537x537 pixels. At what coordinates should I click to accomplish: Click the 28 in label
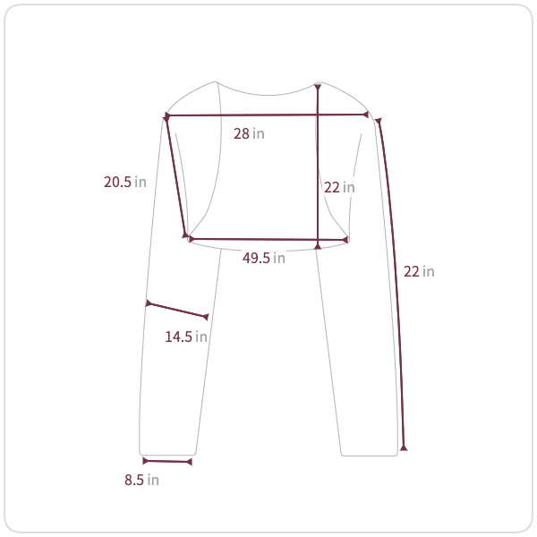pyautogui.click(x=249, y=133)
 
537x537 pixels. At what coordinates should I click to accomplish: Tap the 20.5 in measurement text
pyautogui.click(x=125, y=182)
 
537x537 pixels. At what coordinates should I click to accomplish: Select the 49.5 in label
pyautogui.click(x=264, y=258)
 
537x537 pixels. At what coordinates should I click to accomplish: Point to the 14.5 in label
pyautogui.click(x=186, y=337)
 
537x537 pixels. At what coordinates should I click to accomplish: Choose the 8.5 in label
pyautogui.click(x=141, y=480)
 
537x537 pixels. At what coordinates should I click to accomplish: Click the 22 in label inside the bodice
pyautogui.click(x=339, y=187)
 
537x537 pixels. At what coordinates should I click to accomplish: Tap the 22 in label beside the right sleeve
pyautogui.click(x=419, y=271)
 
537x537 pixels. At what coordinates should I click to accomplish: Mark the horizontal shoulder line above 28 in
pyautogui.click(x=267, y=115)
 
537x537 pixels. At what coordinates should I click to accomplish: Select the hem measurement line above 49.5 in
pyautogui.click(x=268, y=239)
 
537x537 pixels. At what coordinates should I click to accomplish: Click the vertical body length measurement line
pyautogui.click(x=318, y=166)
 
